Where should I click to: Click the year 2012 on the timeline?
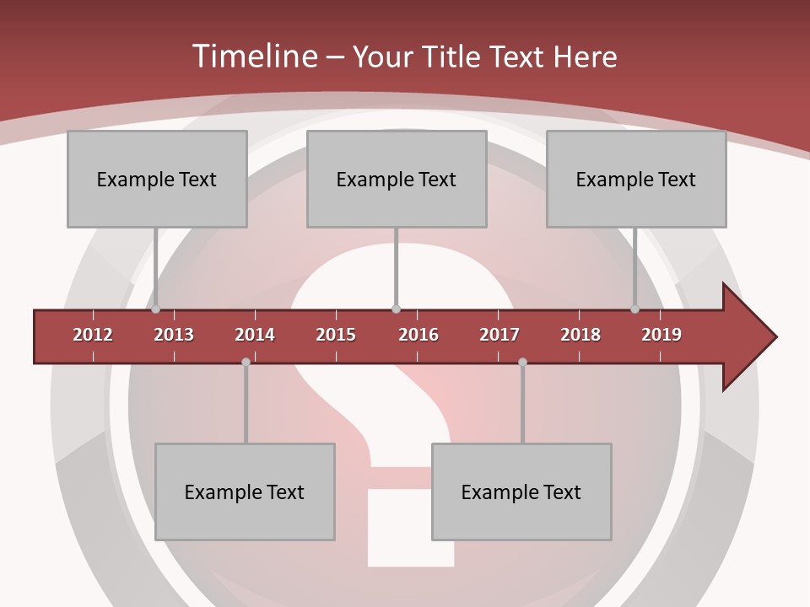pos(93,335)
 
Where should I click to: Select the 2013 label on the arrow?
pos(174,335)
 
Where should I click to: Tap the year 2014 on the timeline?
pos(255,335)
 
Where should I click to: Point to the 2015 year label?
pos(336,335)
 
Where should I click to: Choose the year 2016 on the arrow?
pos(418,335)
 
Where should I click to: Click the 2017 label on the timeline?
pos(499,335)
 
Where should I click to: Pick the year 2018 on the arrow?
pos(580,335)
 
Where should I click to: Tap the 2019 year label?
pos(661,335)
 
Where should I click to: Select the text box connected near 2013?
pos(157,179)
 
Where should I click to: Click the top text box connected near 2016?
pos(397,179)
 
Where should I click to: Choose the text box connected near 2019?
pos(636,179)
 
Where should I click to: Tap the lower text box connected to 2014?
pos(245,492)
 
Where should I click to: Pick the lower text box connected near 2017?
pos(521,492)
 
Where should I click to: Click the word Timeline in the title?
pos(253,56)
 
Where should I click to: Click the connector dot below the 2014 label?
pos(246,363)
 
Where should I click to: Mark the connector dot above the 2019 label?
pos(634,309)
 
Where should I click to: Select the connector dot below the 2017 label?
pos(522,363)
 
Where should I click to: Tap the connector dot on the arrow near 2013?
pos(155,309)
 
